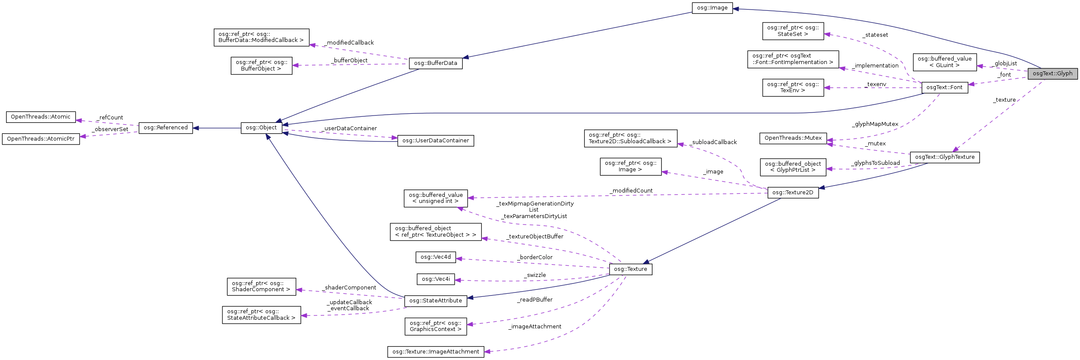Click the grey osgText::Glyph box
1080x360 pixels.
coord(1052,74)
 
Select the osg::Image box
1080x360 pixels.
coord(712,8)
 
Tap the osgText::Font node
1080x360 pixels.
coord(944,87)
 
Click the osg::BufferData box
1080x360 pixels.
coord(435,63)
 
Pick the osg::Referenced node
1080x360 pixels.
coord(165,128)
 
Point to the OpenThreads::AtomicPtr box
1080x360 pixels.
coord(41,139)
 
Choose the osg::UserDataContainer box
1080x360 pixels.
coord(435,141)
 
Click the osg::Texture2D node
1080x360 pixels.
coord(793,193)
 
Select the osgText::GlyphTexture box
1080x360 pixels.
coord(945,157)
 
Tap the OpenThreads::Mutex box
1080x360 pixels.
coord(793,138)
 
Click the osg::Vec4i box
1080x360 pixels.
coord(435,279)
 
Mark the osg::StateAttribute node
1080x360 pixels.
coord(435,301)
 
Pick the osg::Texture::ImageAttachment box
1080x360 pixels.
coord(435,352)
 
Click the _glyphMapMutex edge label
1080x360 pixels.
coord(875,124)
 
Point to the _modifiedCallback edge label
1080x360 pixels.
coord(348,43)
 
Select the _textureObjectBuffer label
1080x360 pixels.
coord(535,237)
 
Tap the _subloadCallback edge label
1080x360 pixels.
coord(713,142)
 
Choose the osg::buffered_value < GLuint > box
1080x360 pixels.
coord(944,62)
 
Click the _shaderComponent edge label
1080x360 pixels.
coord(349,288)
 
